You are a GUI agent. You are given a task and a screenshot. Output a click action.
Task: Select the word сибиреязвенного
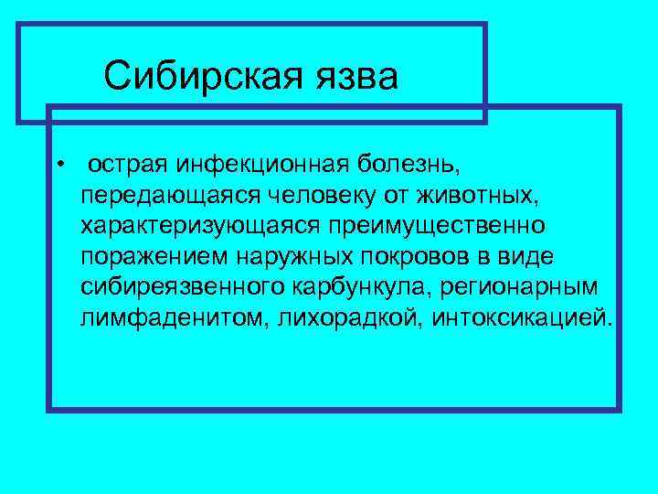(x=183, y=285)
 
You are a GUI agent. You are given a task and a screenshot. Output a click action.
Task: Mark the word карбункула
(x=362, y=285)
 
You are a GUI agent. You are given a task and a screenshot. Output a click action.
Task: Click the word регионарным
(x=519, y=285)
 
